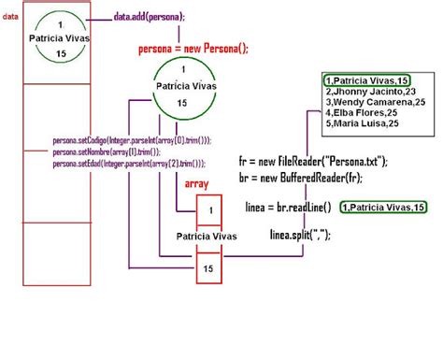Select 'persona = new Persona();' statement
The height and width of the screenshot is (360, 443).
(193, 48)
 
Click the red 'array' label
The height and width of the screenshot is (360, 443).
(196, 184)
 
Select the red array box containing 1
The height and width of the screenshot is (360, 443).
(211, 211)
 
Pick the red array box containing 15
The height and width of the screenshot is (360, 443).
(211, 269)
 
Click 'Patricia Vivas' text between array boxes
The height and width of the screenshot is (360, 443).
(211, 238)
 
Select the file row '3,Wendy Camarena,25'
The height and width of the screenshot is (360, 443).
(375, 103)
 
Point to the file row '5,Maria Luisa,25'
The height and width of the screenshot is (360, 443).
(362, 122)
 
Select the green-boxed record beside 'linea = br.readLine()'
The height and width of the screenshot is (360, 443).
(383, 207)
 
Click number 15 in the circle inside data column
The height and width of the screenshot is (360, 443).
(61, 56)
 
